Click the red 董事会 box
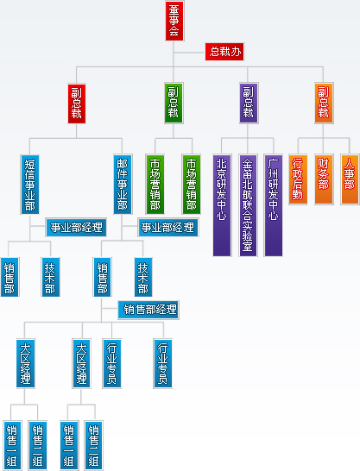[x=174, y=21]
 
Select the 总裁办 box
[x=224, y=52]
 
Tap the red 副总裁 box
[x=77, y=104]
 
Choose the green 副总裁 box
[x=174, y=103]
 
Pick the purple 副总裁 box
[x=249, y=103]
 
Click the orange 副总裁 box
[x=324, y=103]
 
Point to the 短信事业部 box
[x=29, y=185]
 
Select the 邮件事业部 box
[x=123, y=185]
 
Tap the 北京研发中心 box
[x=222, y=205]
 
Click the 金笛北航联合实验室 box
[x=248, y=205]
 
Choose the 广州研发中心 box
[x=274, y=205]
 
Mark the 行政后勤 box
[x=298, y=179]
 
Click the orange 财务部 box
[x=324, y=179]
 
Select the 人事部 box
[x=350, y=179]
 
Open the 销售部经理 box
[x=148, y=310]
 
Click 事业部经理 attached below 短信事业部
[x=76, y=228]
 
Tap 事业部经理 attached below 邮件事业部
[x=168, y=228]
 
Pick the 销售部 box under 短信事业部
[x=9, y=277]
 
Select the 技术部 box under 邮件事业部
[x=143, y=277]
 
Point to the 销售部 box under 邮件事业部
[x=103, y=277]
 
